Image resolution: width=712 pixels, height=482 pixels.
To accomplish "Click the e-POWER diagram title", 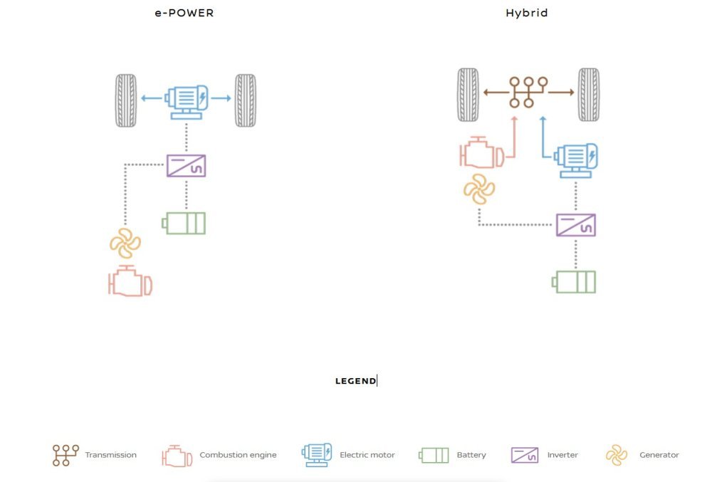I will click(x=184, y=13).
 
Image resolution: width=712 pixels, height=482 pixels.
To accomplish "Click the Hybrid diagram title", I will click(x=527, y=13).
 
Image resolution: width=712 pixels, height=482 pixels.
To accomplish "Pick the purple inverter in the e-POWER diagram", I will click(x=186, y=166).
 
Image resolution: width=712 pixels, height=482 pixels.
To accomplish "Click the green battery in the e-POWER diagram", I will click(x=184, y=224).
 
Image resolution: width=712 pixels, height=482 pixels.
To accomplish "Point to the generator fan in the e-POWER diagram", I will click(x=125, y=243).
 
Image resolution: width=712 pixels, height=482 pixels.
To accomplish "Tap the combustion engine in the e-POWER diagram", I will click(x=130, y=281).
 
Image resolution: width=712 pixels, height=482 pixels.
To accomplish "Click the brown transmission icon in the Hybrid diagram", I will click(x=528, y=93).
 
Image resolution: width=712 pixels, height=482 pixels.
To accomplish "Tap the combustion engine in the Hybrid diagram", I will click(x=482, y=152).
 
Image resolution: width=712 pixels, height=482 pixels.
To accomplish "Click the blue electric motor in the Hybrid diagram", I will click(x=576, y=159).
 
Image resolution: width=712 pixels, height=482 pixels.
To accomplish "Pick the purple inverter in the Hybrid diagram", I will click(x=575, y=225).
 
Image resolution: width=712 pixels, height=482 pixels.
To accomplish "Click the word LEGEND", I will click(x=355, y=381).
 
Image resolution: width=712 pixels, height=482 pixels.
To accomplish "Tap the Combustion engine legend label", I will click(x=238, y=455).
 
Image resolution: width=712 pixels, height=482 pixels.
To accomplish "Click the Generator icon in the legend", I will click(x=616, y=455).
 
